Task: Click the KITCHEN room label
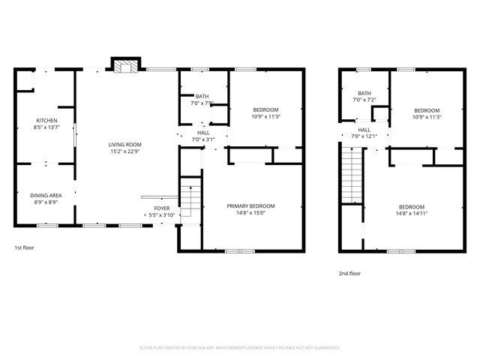click(x=46, y=121)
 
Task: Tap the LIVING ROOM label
click(x=125, y=145)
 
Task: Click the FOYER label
click(x=161, y=208)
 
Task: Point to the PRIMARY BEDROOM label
click(x=250, y=206)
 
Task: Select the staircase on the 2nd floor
click(x=352, y=175)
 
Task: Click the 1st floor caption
click(x=24, y=247)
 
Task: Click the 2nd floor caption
click(x=349, y=274)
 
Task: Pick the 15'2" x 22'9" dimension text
click(x=125, y=152)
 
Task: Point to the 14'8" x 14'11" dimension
click(x=411, y=214)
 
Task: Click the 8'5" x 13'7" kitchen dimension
click(x=46, y=127)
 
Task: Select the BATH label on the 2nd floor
click(x=364, y=93)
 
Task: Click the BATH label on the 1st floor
click(x=202, y=96)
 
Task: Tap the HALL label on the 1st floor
click(x=202, y=133)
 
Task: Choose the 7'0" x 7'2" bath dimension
click(x=364, y=100)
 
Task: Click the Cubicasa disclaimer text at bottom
click(x=240, y=348)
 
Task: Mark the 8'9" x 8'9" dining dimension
click(x=46, y=202)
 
